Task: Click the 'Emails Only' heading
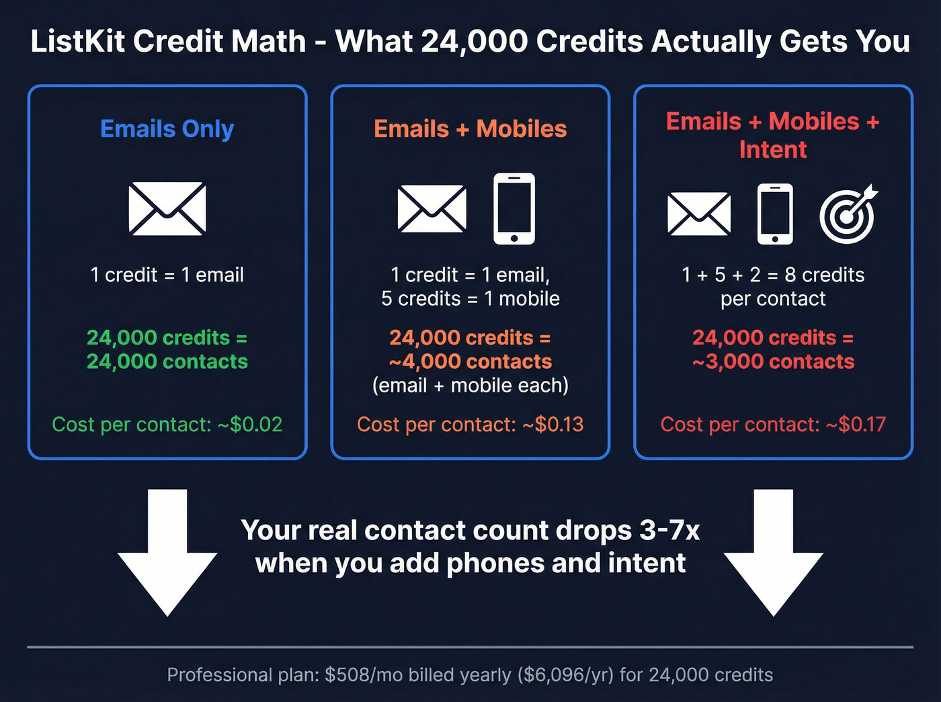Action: pos(167,128)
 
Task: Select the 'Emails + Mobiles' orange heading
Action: pos(470,128)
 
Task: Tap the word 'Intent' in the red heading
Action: pos(772,150)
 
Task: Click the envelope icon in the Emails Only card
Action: pos(167,208)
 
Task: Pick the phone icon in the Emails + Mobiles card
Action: pos(514,208)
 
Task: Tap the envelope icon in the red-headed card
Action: pos(699,214)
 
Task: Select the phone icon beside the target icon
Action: pos(775,214)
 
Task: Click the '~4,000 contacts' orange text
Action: pos(470,361)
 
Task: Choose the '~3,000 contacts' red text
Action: pos(773,361)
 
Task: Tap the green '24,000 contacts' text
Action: pos(167,361)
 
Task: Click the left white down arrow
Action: pos(167,551)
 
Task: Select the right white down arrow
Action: pos(773,551)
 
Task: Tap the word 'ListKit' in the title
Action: pos(77,42)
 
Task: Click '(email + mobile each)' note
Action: pos(470,386)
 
